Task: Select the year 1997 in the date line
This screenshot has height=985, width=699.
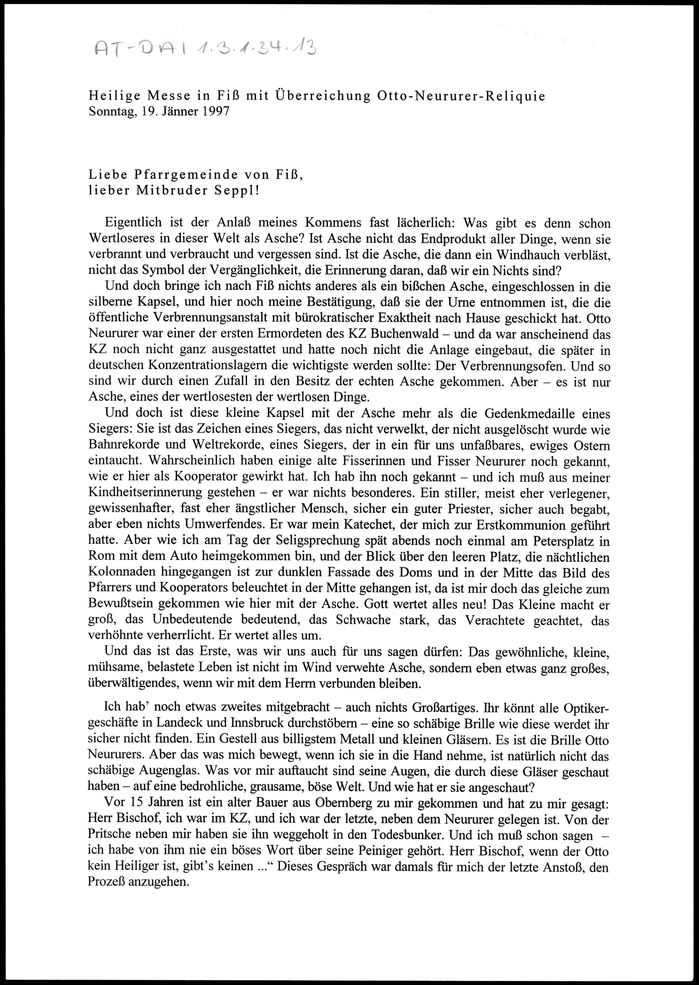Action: pyautogui.click(x=214, y=112)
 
